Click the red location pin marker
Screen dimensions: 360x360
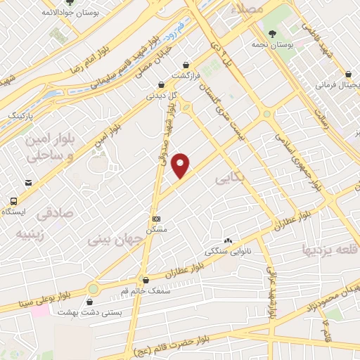tap(181, 165)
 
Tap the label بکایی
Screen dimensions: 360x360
tap(230, 179)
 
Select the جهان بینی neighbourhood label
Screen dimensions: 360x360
tap(115, 239)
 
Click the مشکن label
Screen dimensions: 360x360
tap(156, 230)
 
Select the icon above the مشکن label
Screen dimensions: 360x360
tap(156, 219)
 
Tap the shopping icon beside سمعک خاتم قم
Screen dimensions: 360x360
tap(145, 280)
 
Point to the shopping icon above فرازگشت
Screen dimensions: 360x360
tap(186, 64)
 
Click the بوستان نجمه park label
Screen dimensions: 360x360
tap(273, 46)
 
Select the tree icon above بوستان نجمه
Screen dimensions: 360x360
tap(273, 34)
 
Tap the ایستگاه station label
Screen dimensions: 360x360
tap(15, 211)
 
